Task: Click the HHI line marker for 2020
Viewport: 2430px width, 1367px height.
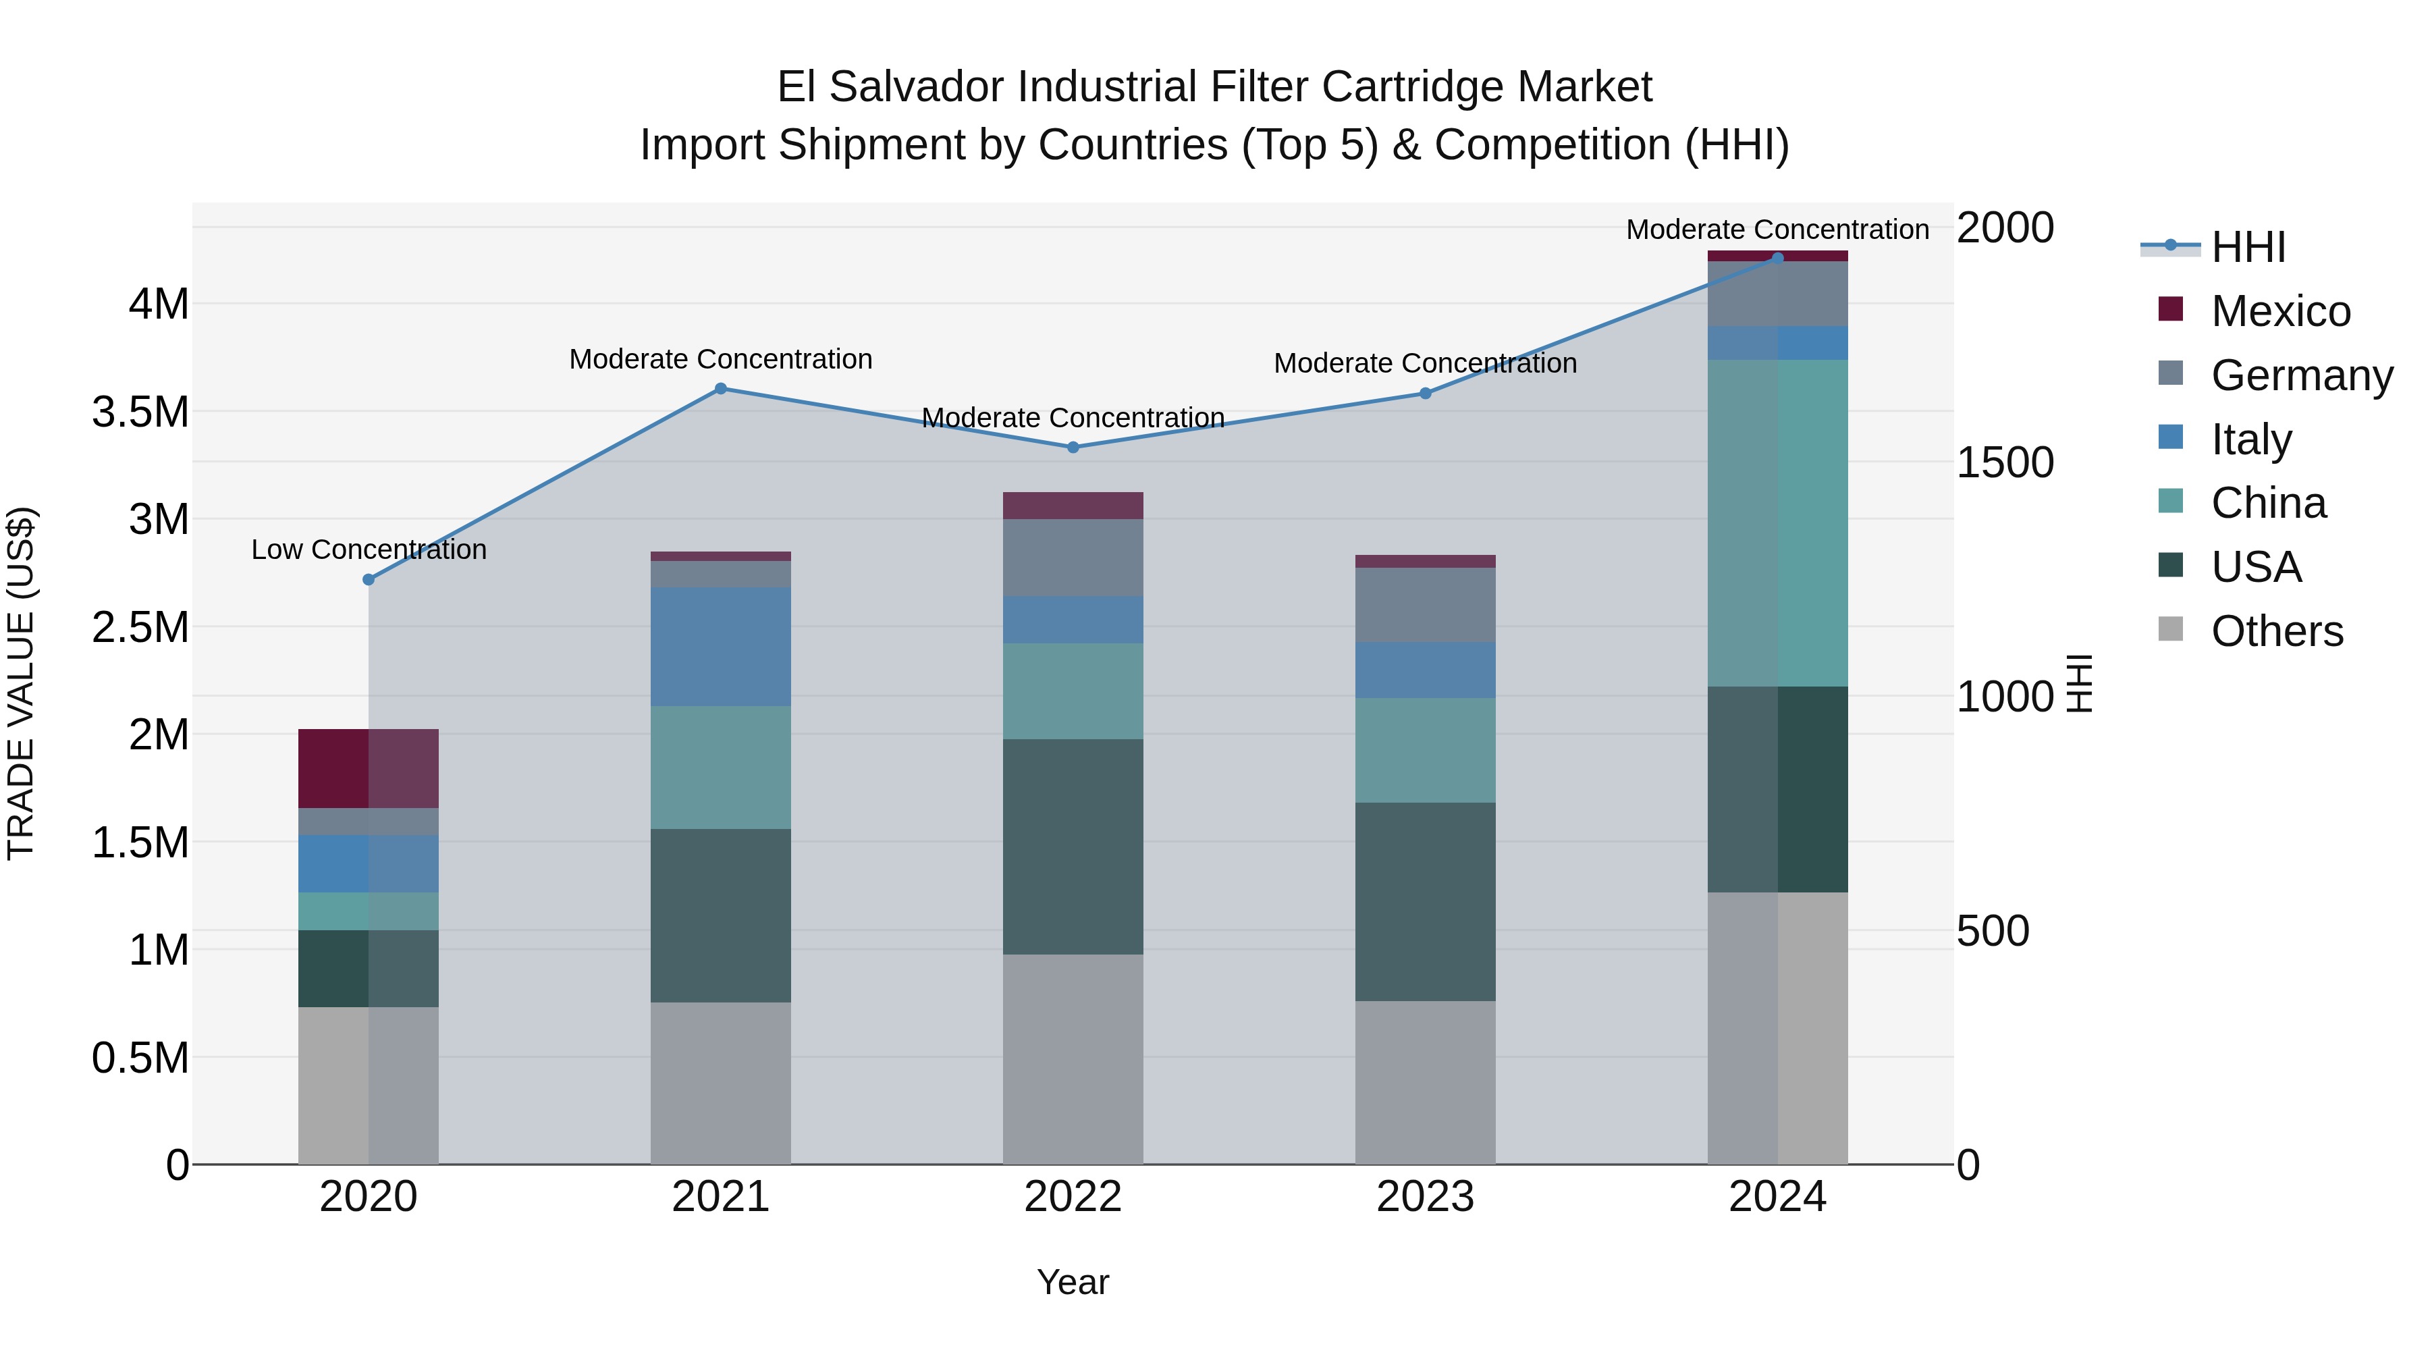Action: [x=369, y=579]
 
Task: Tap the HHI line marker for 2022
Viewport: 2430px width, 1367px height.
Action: [x=1073, y=447]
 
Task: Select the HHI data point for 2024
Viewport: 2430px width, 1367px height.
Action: [x=1777, y=258]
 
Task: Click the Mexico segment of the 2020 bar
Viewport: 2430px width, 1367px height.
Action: [x=368, y=768]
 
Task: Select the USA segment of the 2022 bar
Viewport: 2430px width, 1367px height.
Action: [x=1073, y=847]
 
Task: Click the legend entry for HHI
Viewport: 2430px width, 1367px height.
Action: [x=2247, y=247]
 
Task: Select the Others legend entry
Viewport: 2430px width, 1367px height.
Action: [x=2275, y=631]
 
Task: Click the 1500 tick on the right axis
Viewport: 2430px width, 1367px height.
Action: [x=2005, y=462]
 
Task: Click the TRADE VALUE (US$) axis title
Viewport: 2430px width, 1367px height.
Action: [x=21, y=683]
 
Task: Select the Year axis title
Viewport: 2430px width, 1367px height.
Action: [x=1073, y=1282]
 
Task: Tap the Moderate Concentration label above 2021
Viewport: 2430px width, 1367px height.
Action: [x=721, y=359]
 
